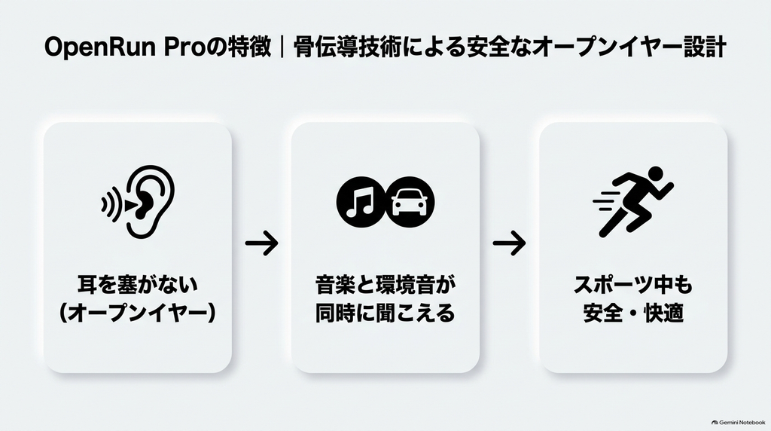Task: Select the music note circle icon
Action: tap(361, 202)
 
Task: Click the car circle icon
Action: tap(410, 202)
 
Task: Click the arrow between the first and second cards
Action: tap(261, 243)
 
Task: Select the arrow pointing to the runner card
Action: tap(510, 243)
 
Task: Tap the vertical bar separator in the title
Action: tap(282, 47)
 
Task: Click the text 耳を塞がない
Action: tap(138, 285)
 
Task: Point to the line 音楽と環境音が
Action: tap(385, 285)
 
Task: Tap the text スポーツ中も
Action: tap(633, 285)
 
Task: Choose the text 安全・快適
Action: tap(633, 313)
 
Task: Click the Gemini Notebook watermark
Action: tap(738, 422)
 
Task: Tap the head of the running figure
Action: tap(656, 173)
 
